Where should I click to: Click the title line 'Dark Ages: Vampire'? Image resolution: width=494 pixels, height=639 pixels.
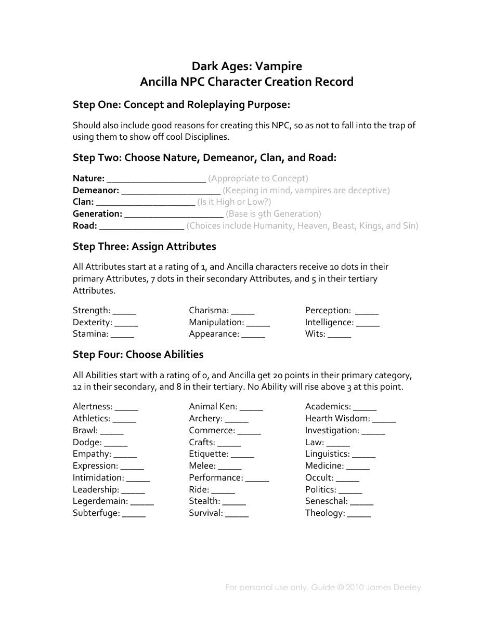point(246,66)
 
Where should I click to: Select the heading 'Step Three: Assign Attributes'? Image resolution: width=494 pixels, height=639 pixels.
point(144,246)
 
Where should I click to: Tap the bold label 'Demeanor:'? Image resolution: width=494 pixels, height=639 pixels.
point(96,190)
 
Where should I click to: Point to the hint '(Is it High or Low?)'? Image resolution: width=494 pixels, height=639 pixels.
point(234,202)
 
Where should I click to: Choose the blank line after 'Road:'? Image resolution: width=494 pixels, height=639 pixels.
point(141,227)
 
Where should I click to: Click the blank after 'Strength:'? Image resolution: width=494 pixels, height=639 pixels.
point(124,311)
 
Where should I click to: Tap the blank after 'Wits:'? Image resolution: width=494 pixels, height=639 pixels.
point(340,335)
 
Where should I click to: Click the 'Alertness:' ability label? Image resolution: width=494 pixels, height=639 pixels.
point(93,406)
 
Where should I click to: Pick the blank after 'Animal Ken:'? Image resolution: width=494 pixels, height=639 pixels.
point(252,407)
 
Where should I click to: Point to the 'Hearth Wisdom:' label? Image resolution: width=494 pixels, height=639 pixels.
point(337,418)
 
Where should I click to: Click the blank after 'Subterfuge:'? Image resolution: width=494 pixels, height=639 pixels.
point(134,514)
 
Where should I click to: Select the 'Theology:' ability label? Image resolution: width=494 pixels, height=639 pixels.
point(325,513)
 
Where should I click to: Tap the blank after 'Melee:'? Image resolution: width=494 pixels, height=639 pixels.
point(230,467)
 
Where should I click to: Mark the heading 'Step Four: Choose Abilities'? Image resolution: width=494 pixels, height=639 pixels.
point(138,354)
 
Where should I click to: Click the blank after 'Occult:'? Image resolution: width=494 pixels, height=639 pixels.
point(347,478)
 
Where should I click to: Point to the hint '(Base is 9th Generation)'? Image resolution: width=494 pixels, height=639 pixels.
point(274,214)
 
